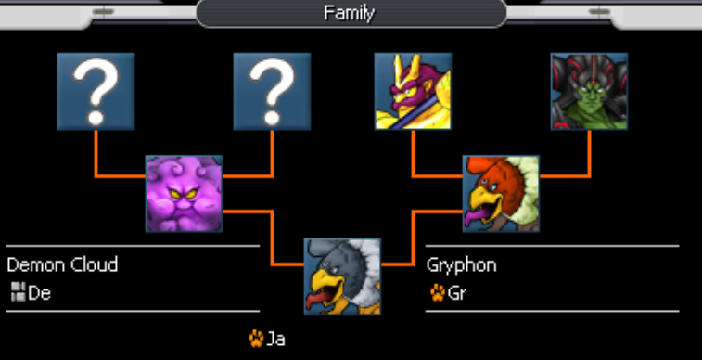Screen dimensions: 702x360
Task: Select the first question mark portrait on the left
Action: click(96, 90)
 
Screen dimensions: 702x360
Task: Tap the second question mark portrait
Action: click(272, 90)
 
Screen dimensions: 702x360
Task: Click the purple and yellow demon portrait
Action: click(413, 90)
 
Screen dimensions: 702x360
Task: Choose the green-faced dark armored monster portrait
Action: click(589, 90)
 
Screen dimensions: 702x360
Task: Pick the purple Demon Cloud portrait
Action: click(184, 193)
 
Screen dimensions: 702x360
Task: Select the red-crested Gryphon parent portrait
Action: click(501, 193)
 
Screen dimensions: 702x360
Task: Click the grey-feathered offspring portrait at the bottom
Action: click(342, 276)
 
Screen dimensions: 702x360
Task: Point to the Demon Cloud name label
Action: click(62, 264)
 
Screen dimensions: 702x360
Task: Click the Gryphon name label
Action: click(461, 264)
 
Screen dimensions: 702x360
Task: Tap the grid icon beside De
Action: click(16, 294)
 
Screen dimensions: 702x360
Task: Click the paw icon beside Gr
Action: click(437, 294)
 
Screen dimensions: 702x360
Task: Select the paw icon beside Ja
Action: click(256, 339)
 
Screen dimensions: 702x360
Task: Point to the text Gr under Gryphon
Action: click(456, 294)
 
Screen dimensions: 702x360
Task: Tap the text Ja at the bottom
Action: click(275, 339)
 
